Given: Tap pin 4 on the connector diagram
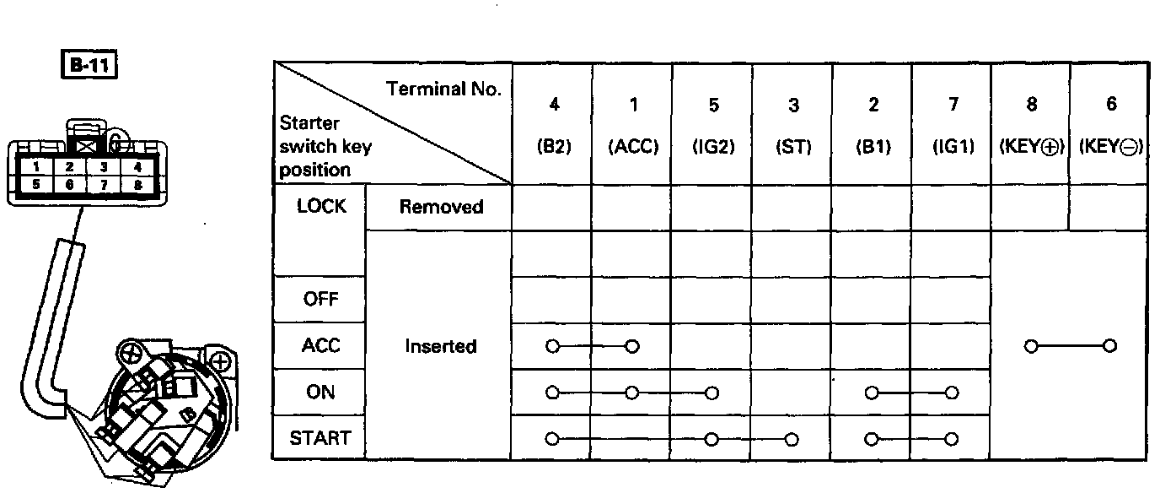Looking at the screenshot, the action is tap(137, 167).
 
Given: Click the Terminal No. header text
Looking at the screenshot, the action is tap(443, 88).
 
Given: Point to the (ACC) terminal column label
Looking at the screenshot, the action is tap(632, 146).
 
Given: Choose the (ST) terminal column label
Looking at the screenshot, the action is tap(792, 146).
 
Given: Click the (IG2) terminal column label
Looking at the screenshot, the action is tap(712, 146).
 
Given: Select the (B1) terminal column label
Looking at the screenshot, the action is tap(872, 146).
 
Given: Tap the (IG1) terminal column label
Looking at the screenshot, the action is tap(951, 146).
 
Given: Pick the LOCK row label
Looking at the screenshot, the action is tap(321, 207).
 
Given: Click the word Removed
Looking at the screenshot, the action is tap(440, 207).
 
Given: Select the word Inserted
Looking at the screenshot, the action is tap(440, 346).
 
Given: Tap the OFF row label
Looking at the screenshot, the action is tap(320, 300).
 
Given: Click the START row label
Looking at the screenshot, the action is tap(320, 438).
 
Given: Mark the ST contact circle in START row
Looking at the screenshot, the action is tap(791, 439).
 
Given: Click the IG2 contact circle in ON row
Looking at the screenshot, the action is tap(712, 393).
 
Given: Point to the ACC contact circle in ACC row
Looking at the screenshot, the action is tap(632, 346).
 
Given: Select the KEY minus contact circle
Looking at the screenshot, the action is tap(1110, 346).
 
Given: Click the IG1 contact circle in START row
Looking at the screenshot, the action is tap(952, 439).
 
